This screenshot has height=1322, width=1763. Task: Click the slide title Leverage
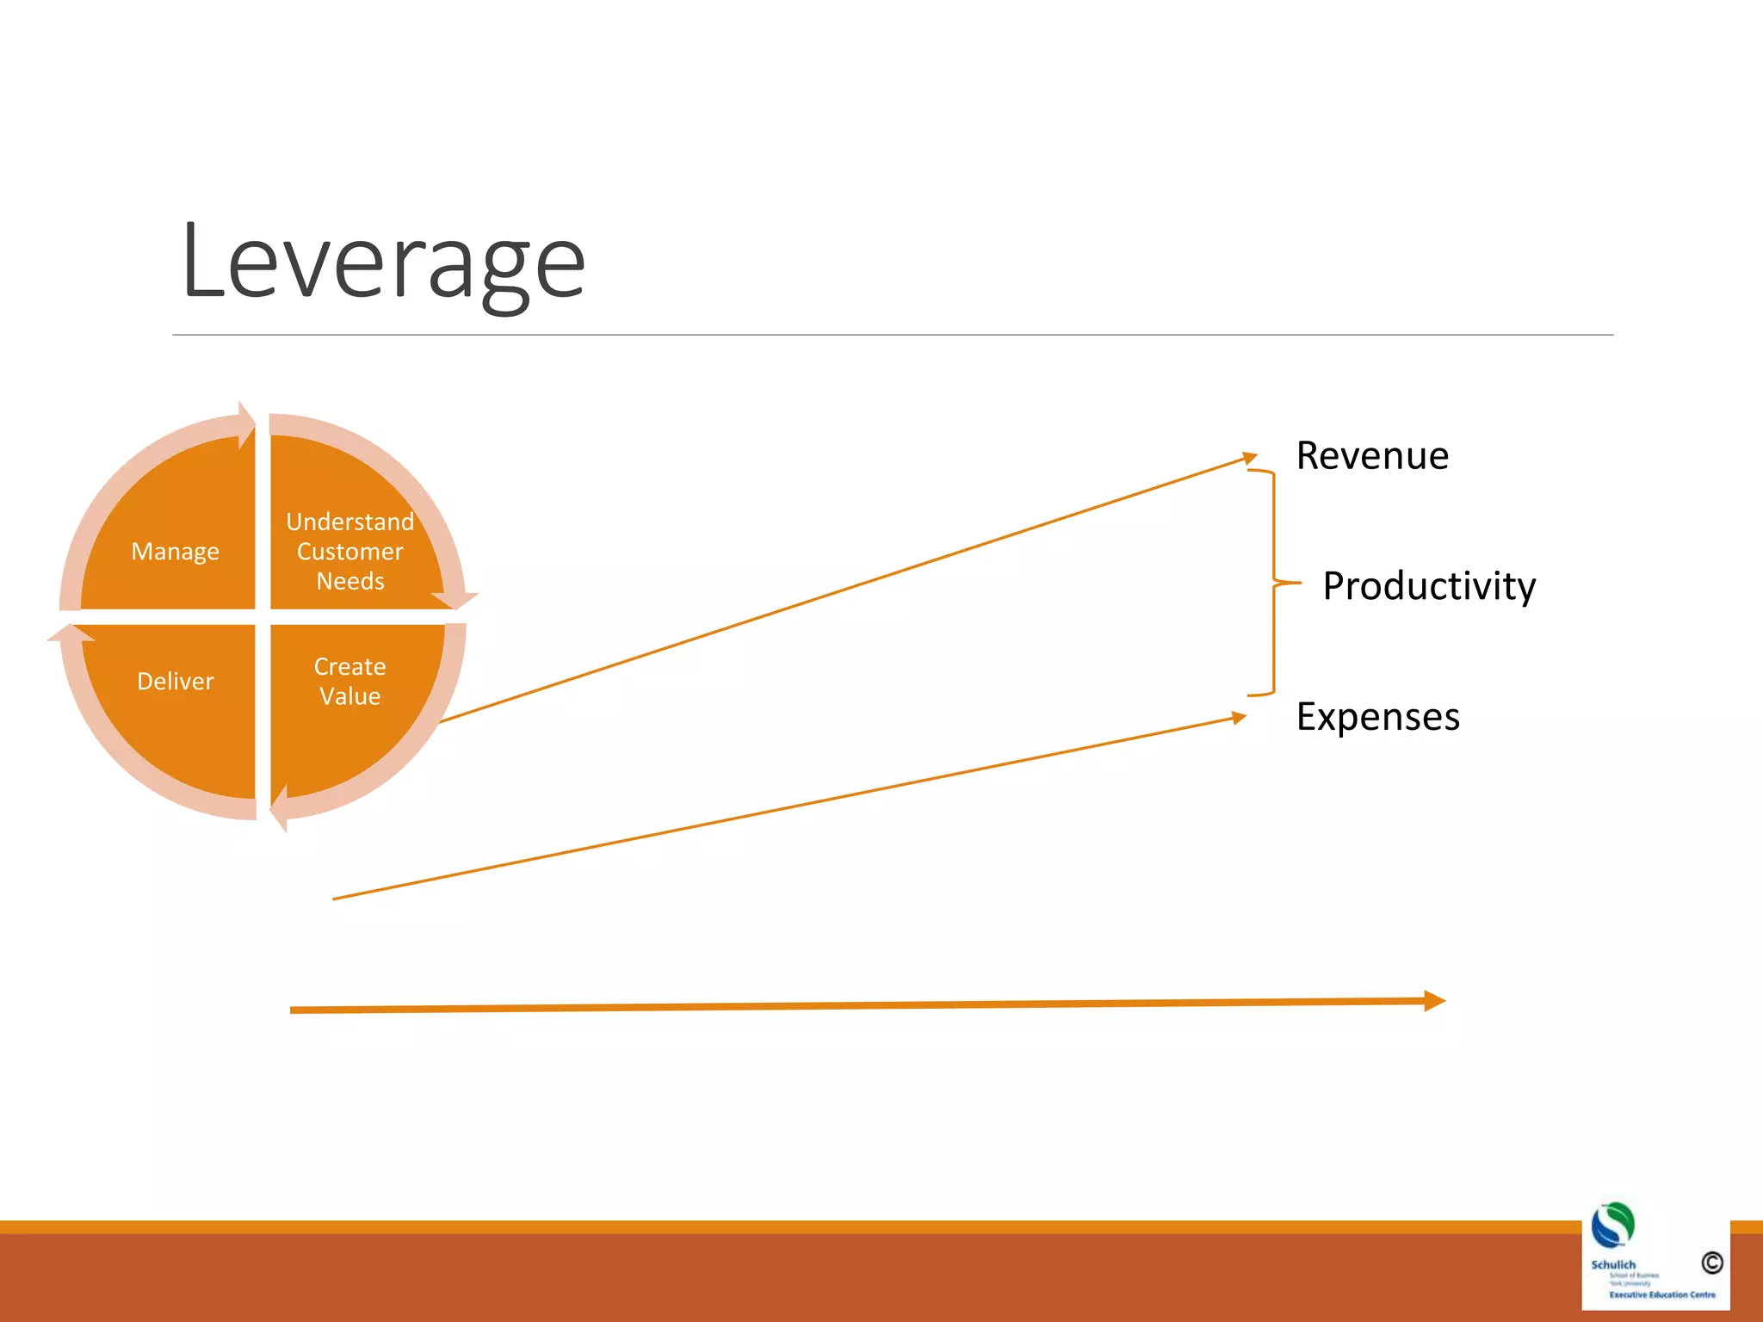click(x=383, y=263)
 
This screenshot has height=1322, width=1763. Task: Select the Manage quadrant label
click(x=175, y=551)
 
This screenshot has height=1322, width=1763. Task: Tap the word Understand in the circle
click(x=350, y=522)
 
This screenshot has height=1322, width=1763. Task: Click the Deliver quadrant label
click(x=175, y=681)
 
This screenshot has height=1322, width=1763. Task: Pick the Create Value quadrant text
click(x=350, y=681)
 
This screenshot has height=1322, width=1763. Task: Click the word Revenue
click(x=1372, y=455)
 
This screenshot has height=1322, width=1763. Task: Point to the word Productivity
click(x=1429, y=585)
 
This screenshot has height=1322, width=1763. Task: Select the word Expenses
click(x=1377, y=716)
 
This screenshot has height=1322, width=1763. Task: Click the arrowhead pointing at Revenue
click(x=1250, y=458)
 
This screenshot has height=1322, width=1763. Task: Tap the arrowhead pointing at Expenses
click(x=1239, y=717)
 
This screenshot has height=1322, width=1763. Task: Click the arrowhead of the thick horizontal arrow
click(x=1434, y=1000)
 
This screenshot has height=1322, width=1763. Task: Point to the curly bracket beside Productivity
click(x=1274, y=583)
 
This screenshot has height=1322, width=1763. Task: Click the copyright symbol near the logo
click(x=1711, y=1263)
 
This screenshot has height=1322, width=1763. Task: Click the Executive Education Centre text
click(x=1661, y=1294)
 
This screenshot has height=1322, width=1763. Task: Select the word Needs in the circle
click(x=350, y=581)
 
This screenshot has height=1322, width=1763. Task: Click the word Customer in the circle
click(x=350, y=551)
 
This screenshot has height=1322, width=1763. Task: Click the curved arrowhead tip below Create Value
click(x=278, y=809)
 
